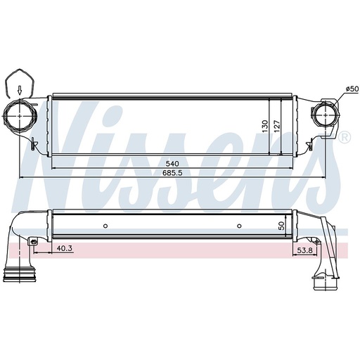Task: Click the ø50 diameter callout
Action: pos(352,89)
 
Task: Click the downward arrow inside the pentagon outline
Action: pos(20,90)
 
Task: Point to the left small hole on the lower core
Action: pos(105,226)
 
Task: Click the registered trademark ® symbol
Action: pos(344,138)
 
